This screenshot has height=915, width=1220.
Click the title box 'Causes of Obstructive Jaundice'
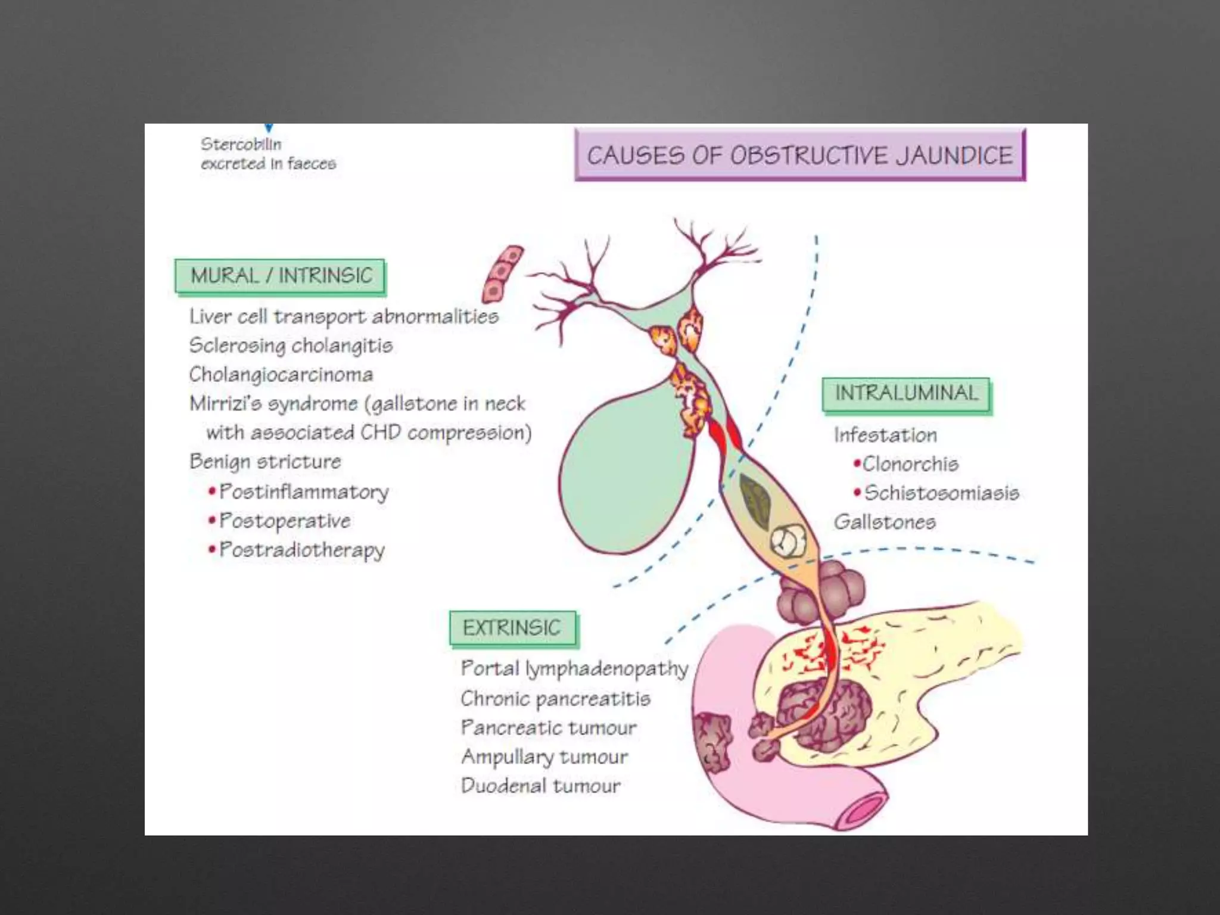(799, 155)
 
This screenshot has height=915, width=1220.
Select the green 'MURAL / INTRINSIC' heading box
(281, 276)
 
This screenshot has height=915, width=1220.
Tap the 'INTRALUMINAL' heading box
(906, 393)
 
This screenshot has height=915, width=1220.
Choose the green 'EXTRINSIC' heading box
(512, 627)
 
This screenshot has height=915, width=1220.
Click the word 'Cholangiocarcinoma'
(281, 375)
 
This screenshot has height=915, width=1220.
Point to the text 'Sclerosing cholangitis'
(291, 346)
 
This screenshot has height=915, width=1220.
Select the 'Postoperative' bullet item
(285, 521)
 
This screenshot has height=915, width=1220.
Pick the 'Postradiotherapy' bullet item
(302, 550)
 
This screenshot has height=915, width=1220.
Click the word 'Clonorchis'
(910, 463)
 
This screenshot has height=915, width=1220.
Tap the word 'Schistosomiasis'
(941, 493)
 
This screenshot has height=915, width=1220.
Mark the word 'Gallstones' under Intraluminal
(885, 522)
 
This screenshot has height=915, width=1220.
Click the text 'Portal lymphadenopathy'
(574, 669)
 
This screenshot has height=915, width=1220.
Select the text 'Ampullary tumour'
(544, 757)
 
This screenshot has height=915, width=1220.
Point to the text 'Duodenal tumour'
(541, 786)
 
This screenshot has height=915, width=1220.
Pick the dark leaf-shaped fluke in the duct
(755, 497)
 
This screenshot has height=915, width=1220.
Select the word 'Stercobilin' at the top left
(241, 144)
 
